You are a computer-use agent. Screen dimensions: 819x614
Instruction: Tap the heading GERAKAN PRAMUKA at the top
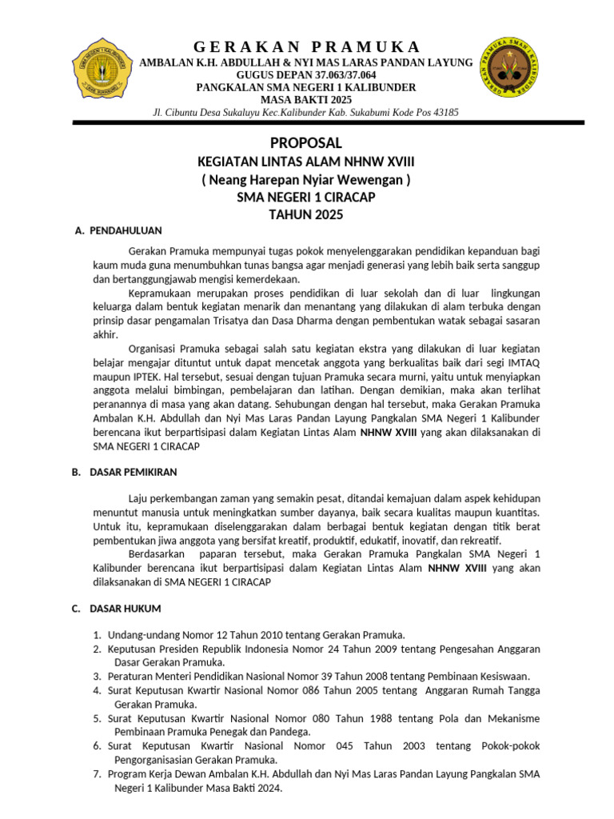[x=306, y=47]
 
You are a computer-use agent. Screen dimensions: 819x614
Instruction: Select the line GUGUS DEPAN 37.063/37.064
[x=306, y=75]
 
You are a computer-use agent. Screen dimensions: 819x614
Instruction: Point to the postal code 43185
[x=443, y=113]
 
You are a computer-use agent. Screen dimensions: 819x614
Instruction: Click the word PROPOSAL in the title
[x=306, y=143]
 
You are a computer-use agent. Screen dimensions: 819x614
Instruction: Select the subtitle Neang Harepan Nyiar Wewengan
[x=306, y=180]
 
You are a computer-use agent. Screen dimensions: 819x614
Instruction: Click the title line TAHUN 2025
[x=306, y=214]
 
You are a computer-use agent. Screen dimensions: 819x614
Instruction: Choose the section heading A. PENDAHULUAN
[x=118, y=231]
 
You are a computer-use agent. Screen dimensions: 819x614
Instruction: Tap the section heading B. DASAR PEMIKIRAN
[x=125, y=473]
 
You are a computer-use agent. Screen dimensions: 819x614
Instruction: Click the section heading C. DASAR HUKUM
[x=117, y=609]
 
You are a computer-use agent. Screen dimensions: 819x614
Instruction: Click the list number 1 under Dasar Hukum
[x=96, y=635]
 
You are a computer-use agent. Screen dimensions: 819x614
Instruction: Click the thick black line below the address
[x=306, y=122]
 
